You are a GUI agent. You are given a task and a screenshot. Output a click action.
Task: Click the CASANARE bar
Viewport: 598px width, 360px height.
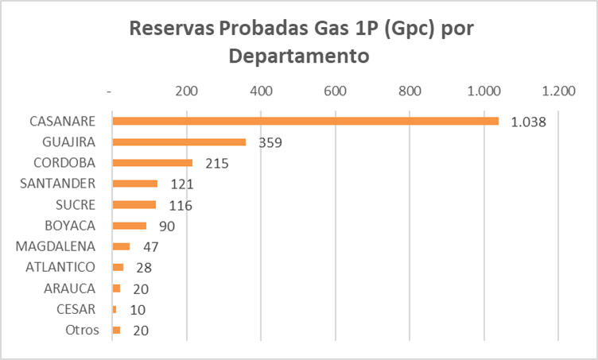[305, 122]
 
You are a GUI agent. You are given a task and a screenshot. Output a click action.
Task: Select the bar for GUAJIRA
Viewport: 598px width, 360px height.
[179, 142]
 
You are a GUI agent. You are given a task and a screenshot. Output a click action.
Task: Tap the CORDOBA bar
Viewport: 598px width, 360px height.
[152, 163]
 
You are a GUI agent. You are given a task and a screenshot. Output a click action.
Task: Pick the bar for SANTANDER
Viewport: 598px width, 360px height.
[134, 184]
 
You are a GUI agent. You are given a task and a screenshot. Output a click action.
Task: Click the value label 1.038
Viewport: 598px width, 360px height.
[526, 122]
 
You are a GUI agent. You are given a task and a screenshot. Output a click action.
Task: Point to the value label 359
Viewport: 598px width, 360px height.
[270, 143]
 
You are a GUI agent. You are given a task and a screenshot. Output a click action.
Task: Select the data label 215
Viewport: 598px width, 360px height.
[216, 164]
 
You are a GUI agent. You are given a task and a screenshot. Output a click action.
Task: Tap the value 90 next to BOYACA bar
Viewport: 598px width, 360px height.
[167, 226]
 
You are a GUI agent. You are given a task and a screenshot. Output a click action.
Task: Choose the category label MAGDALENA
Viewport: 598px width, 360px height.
[60, 246]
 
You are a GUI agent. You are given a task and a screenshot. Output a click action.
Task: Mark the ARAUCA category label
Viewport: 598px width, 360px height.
[70, 288]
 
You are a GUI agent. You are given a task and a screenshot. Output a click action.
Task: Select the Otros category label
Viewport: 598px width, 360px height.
[83, 330]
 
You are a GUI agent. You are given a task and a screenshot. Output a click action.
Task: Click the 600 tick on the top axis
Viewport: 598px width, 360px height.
[336, 91]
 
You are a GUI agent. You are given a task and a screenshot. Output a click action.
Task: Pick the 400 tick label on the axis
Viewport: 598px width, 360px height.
[261, 91]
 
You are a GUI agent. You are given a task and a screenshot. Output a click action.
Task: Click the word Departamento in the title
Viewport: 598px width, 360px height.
[298, 56]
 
